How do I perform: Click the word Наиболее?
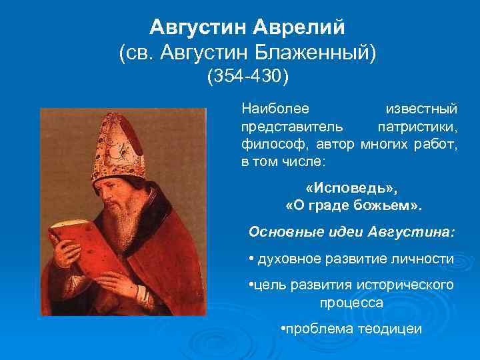point(270,108)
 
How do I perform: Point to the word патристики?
point(417,126)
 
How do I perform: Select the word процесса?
point(351,302)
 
